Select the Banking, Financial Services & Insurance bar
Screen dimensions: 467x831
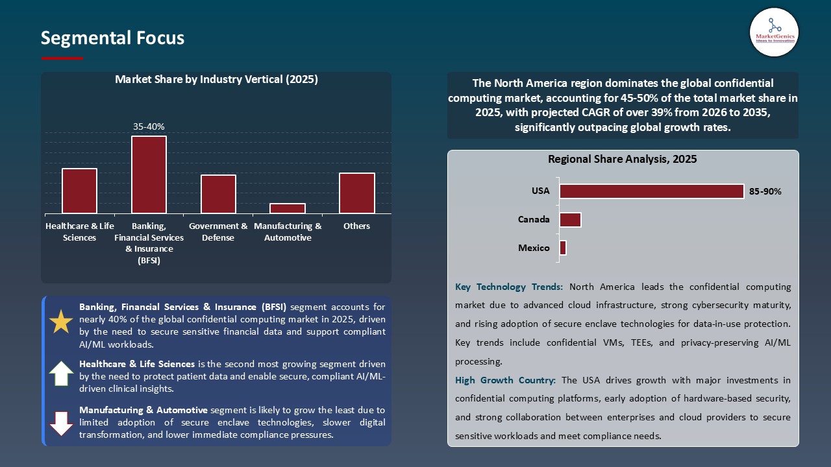click(149, 174)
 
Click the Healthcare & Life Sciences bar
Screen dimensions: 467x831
click(79, 191)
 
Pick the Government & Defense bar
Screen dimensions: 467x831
click(218, 194)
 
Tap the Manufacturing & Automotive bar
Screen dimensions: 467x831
click(288, 208)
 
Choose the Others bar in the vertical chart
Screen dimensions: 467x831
click(357, 193)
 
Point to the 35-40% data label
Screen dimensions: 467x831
click(149, 127)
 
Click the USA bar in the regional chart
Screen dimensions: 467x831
click(651, 191)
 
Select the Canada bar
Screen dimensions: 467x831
click(570, 220)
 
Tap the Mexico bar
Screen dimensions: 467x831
click(563, 248)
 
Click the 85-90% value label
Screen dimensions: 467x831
click(765, 192)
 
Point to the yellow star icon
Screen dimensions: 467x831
click(61, 322)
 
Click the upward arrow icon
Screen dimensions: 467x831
click(61, 374)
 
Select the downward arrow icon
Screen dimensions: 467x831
click(61, 423)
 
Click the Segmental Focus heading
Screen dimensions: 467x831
click(112, 38)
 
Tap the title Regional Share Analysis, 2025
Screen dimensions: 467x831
click(622, 159)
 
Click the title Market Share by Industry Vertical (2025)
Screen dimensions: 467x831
click(216, 80)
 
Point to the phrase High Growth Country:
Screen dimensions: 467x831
click(505, 380)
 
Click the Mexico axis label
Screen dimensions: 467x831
click(534, 248)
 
